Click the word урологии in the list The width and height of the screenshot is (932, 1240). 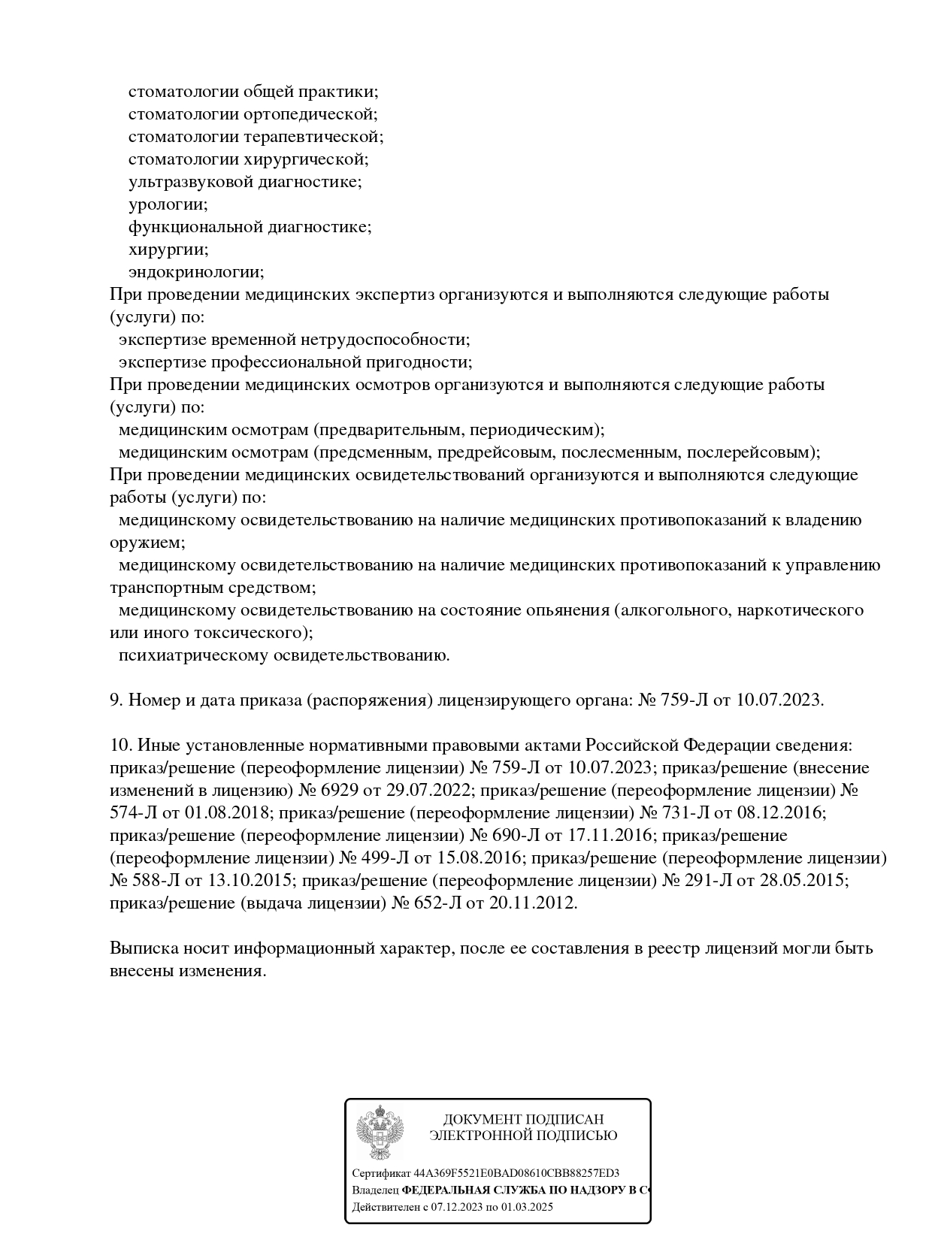[x=168, y=204]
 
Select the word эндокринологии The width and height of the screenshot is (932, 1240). [x=195, y=272]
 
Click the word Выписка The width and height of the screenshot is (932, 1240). [x=143, y=948]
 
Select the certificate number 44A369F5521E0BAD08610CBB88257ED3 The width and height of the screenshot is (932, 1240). [x=516, y=1173]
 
